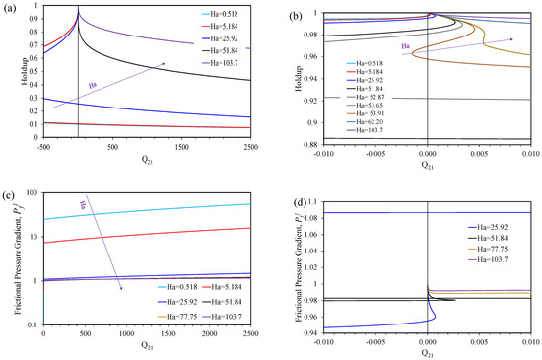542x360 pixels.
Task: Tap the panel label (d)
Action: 283,191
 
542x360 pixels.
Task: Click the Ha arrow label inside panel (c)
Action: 86,204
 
